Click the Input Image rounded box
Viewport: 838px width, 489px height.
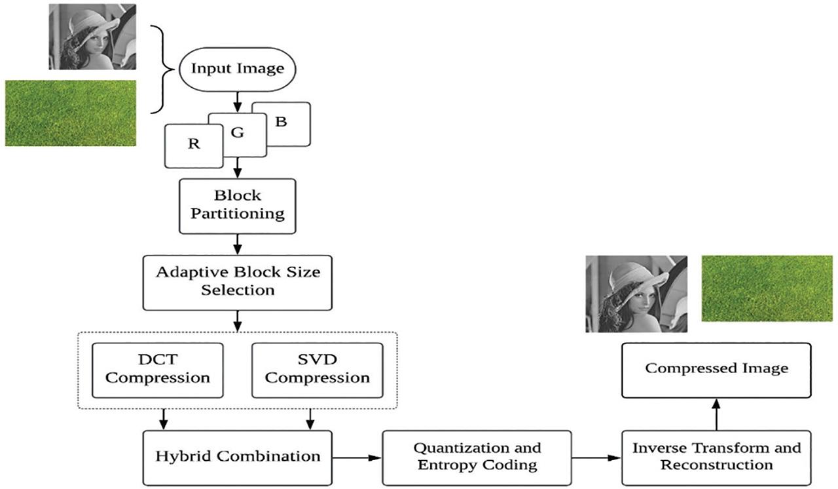pyautogui.click(x=237, y=68)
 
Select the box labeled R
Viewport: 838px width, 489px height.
pyautogui.click(x=193, y=145)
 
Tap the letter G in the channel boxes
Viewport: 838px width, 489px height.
pyautogui.click(x=238, y=133)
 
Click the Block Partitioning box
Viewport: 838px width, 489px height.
pyautogui.click(x=237, y=205)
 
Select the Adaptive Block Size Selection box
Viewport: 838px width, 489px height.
pyautogui.click(x=238, y=281)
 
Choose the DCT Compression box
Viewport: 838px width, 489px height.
pyautogui.click(x=158, y=369)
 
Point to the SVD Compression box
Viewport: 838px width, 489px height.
pyautogui.click(x=318, y=369)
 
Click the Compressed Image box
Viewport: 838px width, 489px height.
pyautogui.click(x=716, y=369)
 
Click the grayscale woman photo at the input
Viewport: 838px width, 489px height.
pyautogui.click(x=92, y=37)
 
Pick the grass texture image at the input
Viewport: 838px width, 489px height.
pyautogui.click(x=71, y=113)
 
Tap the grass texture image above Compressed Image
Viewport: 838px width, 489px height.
pyautogui.click(x=757, y=288)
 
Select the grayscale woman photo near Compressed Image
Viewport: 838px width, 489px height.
pyautogui.click(x=636, y=294)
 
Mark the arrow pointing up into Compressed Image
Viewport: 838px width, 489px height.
pyautogui.click(x=716, y=414)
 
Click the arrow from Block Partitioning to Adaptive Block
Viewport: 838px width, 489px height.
pyautogui.click(x=238, y=243)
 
